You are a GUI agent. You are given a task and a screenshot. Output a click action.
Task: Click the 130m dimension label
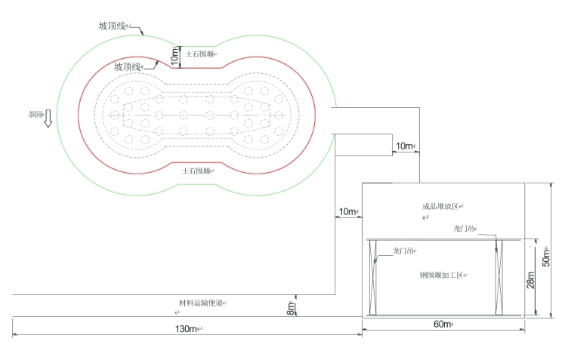pos(186,328)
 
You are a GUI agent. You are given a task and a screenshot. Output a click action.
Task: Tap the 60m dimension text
pos(442,324)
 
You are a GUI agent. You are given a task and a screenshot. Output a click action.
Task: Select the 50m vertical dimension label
pos(546,257)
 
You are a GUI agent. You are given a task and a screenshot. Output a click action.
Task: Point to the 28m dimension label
pos(530,280)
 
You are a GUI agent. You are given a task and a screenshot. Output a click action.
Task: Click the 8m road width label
pos(291,309)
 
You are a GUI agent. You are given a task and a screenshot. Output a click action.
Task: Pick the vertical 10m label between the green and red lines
pos(175,57)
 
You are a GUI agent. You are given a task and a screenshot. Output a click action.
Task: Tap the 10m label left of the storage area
pos(347,211)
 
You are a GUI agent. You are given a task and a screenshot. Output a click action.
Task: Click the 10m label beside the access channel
pos(404,146)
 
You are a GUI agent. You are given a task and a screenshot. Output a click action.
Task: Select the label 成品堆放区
pos(440,206)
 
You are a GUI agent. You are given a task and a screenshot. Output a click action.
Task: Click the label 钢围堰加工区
pos(442,275)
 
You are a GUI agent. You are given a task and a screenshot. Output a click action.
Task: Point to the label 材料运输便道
pos(201,303)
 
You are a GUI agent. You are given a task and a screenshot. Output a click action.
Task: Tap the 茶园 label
pos(35,114)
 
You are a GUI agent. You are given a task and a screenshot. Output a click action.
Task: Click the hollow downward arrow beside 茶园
pos(48,118)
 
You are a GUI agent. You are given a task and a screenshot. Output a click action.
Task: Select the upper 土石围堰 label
pos(199,54)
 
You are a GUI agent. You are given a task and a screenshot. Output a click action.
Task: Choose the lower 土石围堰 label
pos(196,171)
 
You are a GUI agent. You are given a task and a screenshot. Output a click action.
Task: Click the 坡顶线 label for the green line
pos(112,26)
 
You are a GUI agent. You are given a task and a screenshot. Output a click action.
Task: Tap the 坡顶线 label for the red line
pos(127,66)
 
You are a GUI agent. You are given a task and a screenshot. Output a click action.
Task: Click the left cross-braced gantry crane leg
pos(373,277)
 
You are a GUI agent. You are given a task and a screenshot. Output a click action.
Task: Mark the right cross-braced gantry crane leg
pos(499,277)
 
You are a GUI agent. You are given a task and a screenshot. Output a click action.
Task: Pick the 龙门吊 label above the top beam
pos(464,229)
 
